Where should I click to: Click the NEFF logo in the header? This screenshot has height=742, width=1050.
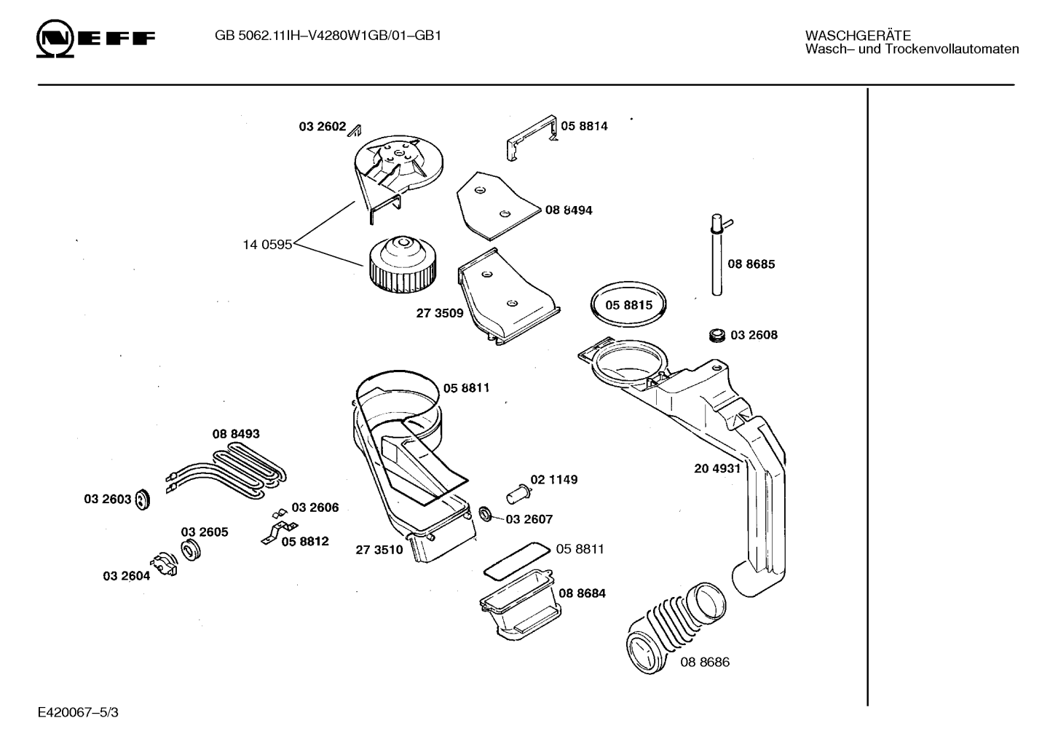(x=95, y=39)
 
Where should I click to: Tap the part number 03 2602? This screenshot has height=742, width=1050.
(x=323, y=127)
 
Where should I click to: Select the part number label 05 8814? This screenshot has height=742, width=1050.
(x=584, y=126)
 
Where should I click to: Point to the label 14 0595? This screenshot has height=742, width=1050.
(x=267, y=245)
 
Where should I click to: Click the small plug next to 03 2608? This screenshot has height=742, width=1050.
(x=717, y=336)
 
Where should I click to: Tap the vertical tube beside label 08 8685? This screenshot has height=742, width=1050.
(x=717, y=256)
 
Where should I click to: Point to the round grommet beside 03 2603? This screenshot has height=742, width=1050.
(x=142, y=500)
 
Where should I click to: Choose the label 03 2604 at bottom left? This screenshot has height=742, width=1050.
(x=127, y=576)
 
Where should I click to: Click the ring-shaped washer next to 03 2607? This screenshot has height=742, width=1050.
(x=486, y=514)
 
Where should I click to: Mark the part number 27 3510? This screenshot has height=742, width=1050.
(x=379, y=550)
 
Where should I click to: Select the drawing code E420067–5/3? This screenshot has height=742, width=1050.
(x=79, y=713)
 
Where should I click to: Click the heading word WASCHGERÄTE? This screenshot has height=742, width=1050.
(x=858, y=36)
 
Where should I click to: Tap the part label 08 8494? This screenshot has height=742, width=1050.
(x=569, y=210)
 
